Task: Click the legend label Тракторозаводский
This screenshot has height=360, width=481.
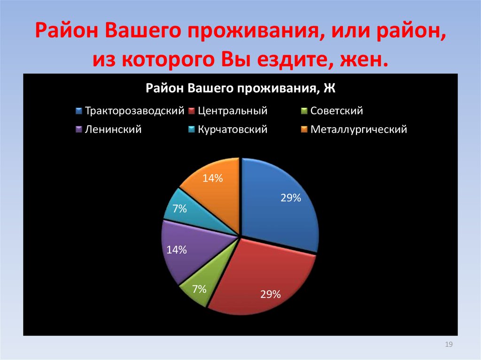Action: pos(134,111)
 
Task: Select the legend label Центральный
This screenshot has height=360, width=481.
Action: pos(233,111)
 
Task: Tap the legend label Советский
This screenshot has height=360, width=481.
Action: pos(337,111)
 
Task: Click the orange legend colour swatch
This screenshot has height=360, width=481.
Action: pos(304,130)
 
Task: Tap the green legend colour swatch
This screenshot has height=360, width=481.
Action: pos(304,111)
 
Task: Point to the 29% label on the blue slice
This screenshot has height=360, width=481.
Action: pos(291,198)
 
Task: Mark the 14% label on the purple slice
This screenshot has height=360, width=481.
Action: pos(177,250)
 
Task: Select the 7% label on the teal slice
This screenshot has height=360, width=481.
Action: pos(179,209)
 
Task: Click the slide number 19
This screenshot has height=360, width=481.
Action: pos(448,345)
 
